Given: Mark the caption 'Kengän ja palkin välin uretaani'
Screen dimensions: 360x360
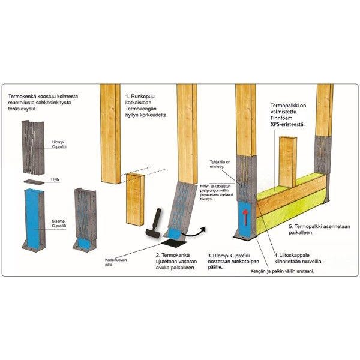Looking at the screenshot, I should pos(282,271).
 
